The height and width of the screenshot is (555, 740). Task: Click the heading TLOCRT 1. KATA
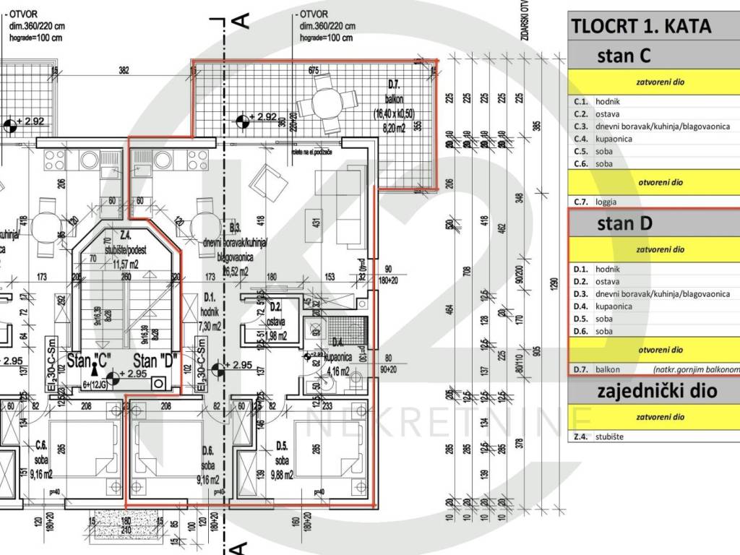pos(641,26)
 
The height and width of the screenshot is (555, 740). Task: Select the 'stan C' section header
pos(624,56)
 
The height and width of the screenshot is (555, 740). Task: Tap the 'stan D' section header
pos(624,223)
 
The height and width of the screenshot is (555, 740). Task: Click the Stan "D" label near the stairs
pos(155,361)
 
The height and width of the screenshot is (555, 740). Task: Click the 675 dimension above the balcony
pos(313,71)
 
